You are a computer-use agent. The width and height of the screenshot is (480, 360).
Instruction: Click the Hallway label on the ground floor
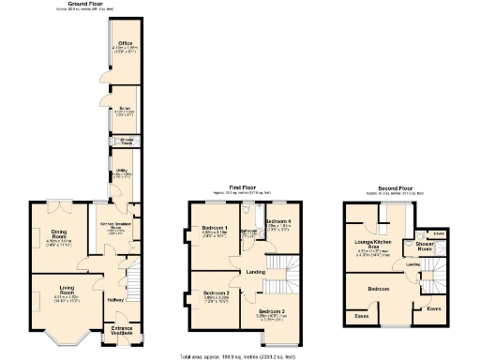coord(116,300)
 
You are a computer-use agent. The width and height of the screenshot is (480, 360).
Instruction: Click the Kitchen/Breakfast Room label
coord(112,226)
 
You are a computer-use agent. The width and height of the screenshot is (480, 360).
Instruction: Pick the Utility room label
coord(122,172)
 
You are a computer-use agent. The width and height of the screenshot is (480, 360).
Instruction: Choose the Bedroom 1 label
coord(215,229)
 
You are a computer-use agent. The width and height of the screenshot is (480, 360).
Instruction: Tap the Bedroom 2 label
coord(216,293)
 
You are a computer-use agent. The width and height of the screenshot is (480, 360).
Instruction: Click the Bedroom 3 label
coord(271,311)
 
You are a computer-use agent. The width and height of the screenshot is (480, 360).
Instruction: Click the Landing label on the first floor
coord(256,273)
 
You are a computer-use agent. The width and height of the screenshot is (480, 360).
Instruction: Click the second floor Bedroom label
coord(379,289)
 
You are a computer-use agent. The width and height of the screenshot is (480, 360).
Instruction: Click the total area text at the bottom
coord(240,356)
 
